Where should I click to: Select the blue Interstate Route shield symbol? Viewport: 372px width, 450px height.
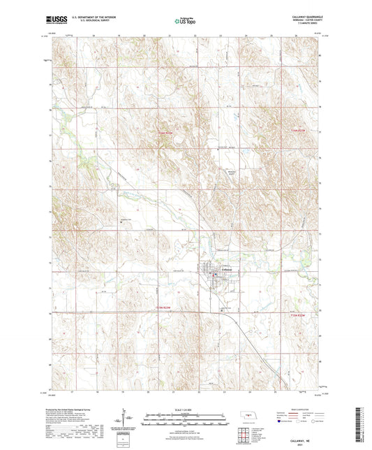[x=281, y=421]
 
